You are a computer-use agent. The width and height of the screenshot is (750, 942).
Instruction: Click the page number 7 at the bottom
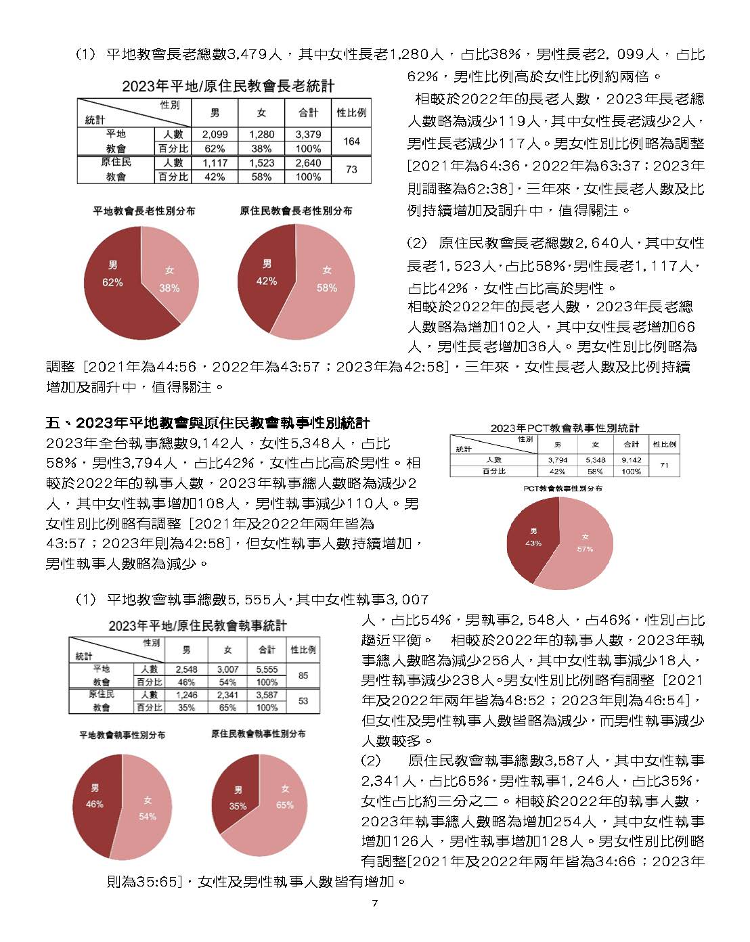tap(374, 904)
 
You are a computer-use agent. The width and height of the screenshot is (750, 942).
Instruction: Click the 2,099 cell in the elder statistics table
tap(215, 135)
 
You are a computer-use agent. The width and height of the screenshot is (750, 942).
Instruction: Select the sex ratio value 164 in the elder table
tap(351, 141)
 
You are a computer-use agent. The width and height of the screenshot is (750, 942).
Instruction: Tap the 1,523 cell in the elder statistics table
tap(261, 163)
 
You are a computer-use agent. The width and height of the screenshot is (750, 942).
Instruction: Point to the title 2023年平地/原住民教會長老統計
tap(228, 87)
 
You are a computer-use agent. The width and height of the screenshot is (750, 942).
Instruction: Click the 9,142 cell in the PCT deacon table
tap(631, 460)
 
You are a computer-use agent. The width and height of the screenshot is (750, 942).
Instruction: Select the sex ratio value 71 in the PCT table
tap(664, 466)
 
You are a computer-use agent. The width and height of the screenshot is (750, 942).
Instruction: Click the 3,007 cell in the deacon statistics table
tap(227, 669)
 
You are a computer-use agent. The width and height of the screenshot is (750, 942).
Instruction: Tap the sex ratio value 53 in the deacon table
tap(303, 700)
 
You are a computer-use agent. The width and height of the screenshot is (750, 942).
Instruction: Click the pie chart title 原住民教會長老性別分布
tap(296, 211)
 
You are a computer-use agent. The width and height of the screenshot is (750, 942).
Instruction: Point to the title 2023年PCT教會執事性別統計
tap(565, 428)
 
